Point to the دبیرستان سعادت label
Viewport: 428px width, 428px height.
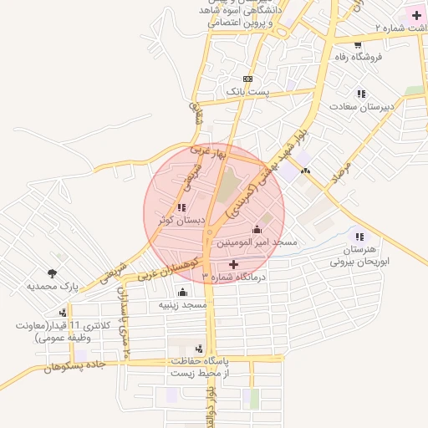(x=361, y=106)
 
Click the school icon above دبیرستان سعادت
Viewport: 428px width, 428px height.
(x=361, y=94)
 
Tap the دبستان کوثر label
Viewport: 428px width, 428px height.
(x=181, y=220)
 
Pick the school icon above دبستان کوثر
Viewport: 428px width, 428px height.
(x=181, y=207)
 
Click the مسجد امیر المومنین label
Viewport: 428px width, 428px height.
(x=257, y=242)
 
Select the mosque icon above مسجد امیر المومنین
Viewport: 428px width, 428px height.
(x=257, y=230)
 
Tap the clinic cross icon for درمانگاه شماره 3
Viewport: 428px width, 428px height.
(x=233, y=264)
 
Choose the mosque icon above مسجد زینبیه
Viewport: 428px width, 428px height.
(x=182, y=293)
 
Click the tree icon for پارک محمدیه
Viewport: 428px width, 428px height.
(x=53, y=273)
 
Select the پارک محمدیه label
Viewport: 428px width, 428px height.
(x=53, y=286)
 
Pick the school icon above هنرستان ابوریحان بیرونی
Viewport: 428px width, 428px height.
(x=360, y=237)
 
